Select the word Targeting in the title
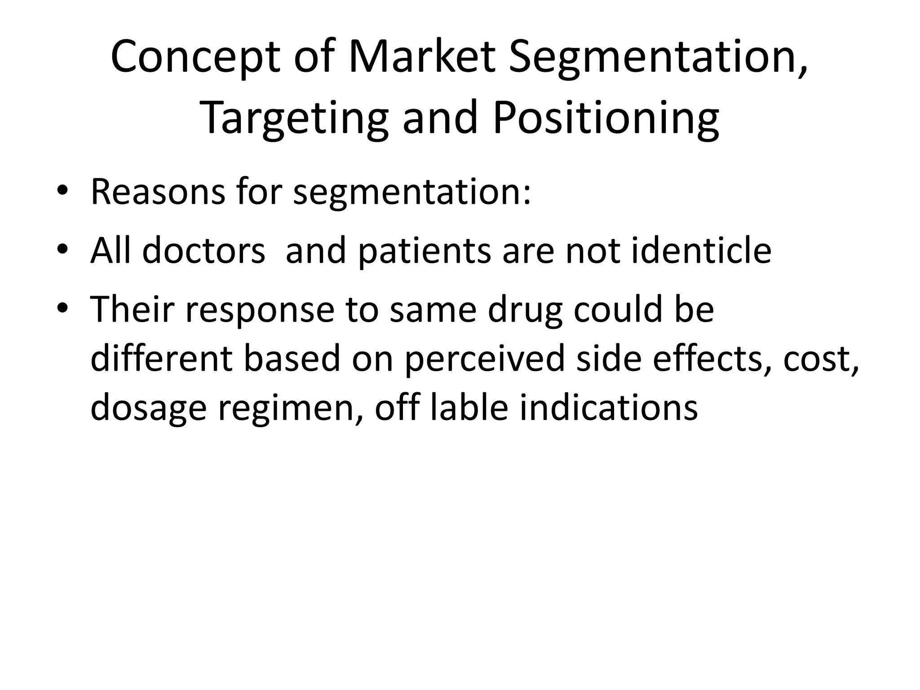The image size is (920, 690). point(294,119)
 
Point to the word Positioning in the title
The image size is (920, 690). point(606,119)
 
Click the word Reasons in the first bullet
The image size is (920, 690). point(158,192)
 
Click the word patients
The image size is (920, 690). point(425,251)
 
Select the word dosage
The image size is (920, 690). point(149,409)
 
